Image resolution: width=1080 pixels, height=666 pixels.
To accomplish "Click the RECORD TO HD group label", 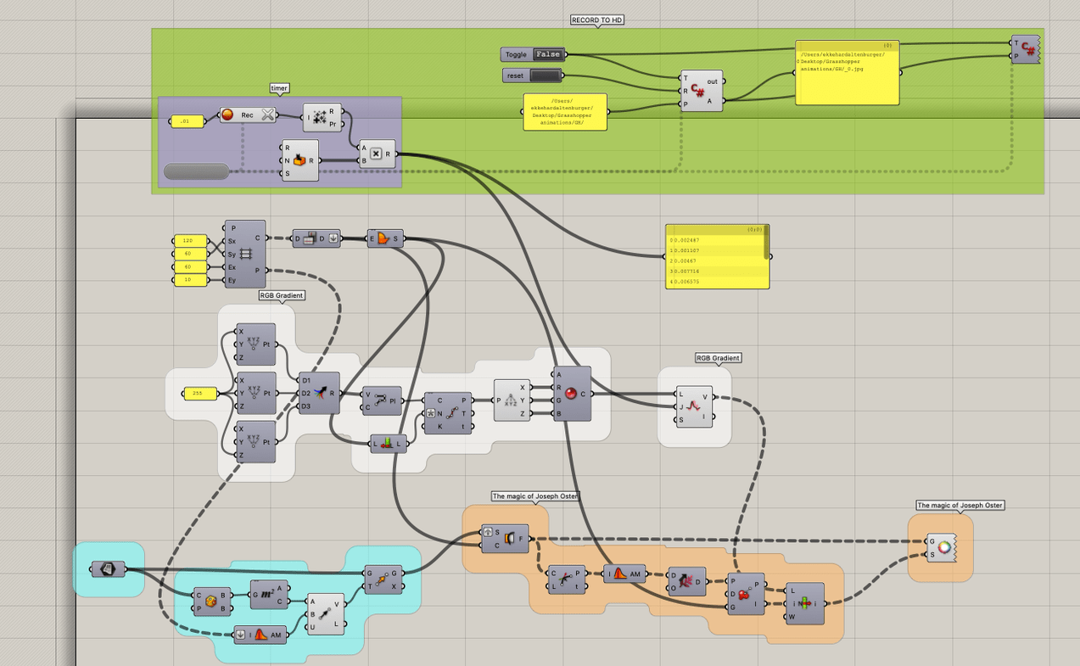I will pos(598,20).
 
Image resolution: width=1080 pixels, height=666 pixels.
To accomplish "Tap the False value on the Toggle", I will pos(547,54).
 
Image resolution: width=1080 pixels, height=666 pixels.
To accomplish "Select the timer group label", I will pos(279,88).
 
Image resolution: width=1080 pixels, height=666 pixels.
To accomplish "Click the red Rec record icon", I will pos(227,115).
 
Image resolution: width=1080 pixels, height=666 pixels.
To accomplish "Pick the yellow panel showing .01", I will pos(187,122).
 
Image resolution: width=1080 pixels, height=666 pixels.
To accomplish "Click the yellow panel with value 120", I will pos(189,241).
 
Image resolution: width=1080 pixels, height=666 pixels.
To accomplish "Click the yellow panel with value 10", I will pos(189,280).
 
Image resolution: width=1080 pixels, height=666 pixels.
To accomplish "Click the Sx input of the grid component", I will pos(232,241).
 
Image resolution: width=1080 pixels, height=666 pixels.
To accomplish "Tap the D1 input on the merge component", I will pos(305,380).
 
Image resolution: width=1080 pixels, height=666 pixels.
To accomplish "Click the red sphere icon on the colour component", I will pos(570,394).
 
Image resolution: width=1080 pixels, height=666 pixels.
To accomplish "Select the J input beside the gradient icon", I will pos(681,406).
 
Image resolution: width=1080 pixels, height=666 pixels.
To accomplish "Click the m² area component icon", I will pos(266,595).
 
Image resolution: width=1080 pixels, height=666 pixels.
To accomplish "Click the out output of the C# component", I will pos(712,81).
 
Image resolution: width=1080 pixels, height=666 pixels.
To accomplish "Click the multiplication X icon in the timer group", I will pos(376,154).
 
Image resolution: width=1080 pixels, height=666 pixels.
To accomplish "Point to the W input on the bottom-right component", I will pos(791,617).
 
